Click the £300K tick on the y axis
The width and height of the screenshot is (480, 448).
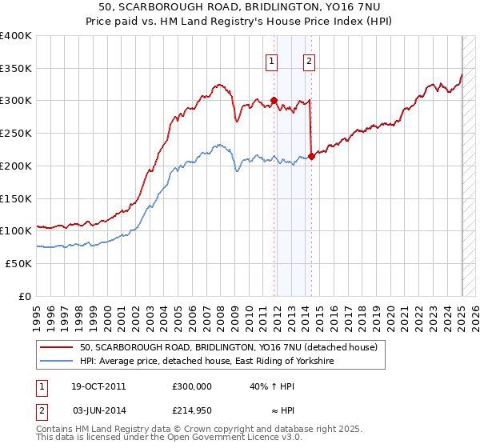coord(16,101)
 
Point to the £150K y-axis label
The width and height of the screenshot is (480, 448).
coord(16,198)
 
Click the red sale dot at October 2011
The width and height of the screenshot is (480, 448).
coord(274,101)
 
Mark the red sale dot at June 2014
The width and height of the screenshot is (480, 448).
coord(311,156)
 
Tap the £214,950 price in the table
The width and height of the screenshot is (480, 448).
coord(192,410)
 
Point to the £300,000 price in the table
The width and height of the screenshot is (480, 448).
coord(192,386)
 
